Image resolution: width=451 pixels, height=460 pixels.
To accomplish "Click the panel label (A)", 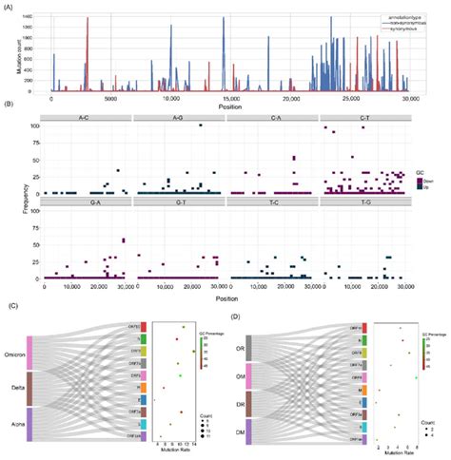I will point(9,6).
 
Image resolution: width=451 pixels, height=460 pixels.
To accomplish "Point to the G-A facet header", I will point(87,202).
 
